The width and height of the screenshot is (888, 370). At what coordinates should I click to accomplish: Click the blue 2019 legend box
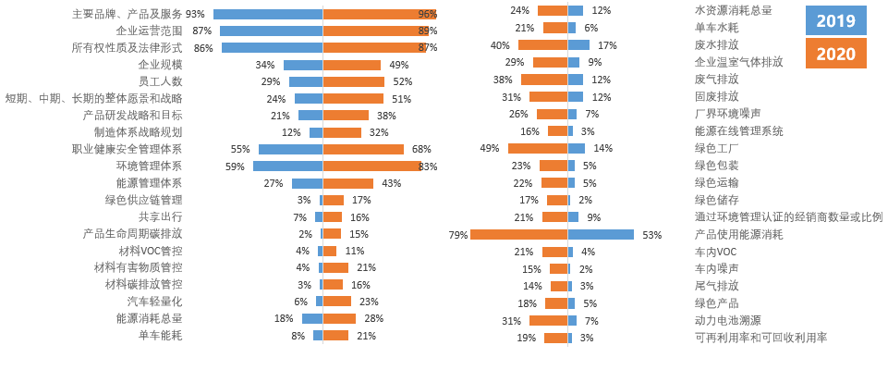click(835, 20)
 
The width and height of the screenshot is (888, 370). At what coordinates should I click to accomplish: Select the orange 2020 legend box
click(835, 54)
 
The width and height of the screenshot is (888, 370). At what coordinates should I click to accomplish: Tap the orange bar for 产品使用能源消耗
click(518, 235)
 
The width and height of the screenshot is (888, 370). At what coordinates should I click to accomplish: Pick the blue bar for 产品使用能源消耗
click(601, 235)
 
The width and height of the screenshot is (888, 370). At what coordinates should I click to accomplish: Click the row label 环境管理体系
click(149, 166)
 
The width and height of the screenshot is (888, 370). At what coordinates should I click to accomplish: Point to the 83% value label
click(428, 166)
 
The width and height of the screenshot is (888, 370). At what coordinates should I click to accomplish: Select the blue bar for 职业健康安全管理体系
click(290, 149)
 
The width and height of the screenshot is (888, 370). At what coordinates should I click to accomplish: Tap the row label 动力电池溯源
click(728, 320)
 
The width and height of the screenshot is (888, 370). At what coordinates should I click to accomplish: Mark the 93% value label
click(195, 15)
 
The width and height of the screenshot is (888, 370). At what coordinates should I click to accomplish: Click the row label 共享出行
click(160, 216)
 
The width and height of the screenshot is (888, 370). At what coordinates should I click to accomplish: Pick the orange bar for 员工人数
click(353, 82)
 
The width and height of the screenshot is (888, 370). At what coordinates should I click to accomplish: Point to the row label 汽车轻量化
click(154, 302)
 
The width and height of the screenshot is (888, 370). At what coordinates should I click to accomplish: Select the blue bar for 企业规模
click(303, 66)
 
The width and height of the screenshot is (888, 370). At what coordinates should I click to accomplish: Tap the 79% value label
click(457, 235)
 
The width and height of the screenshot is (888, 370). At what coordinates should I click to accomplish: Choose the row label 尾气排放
click(717, 286)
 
